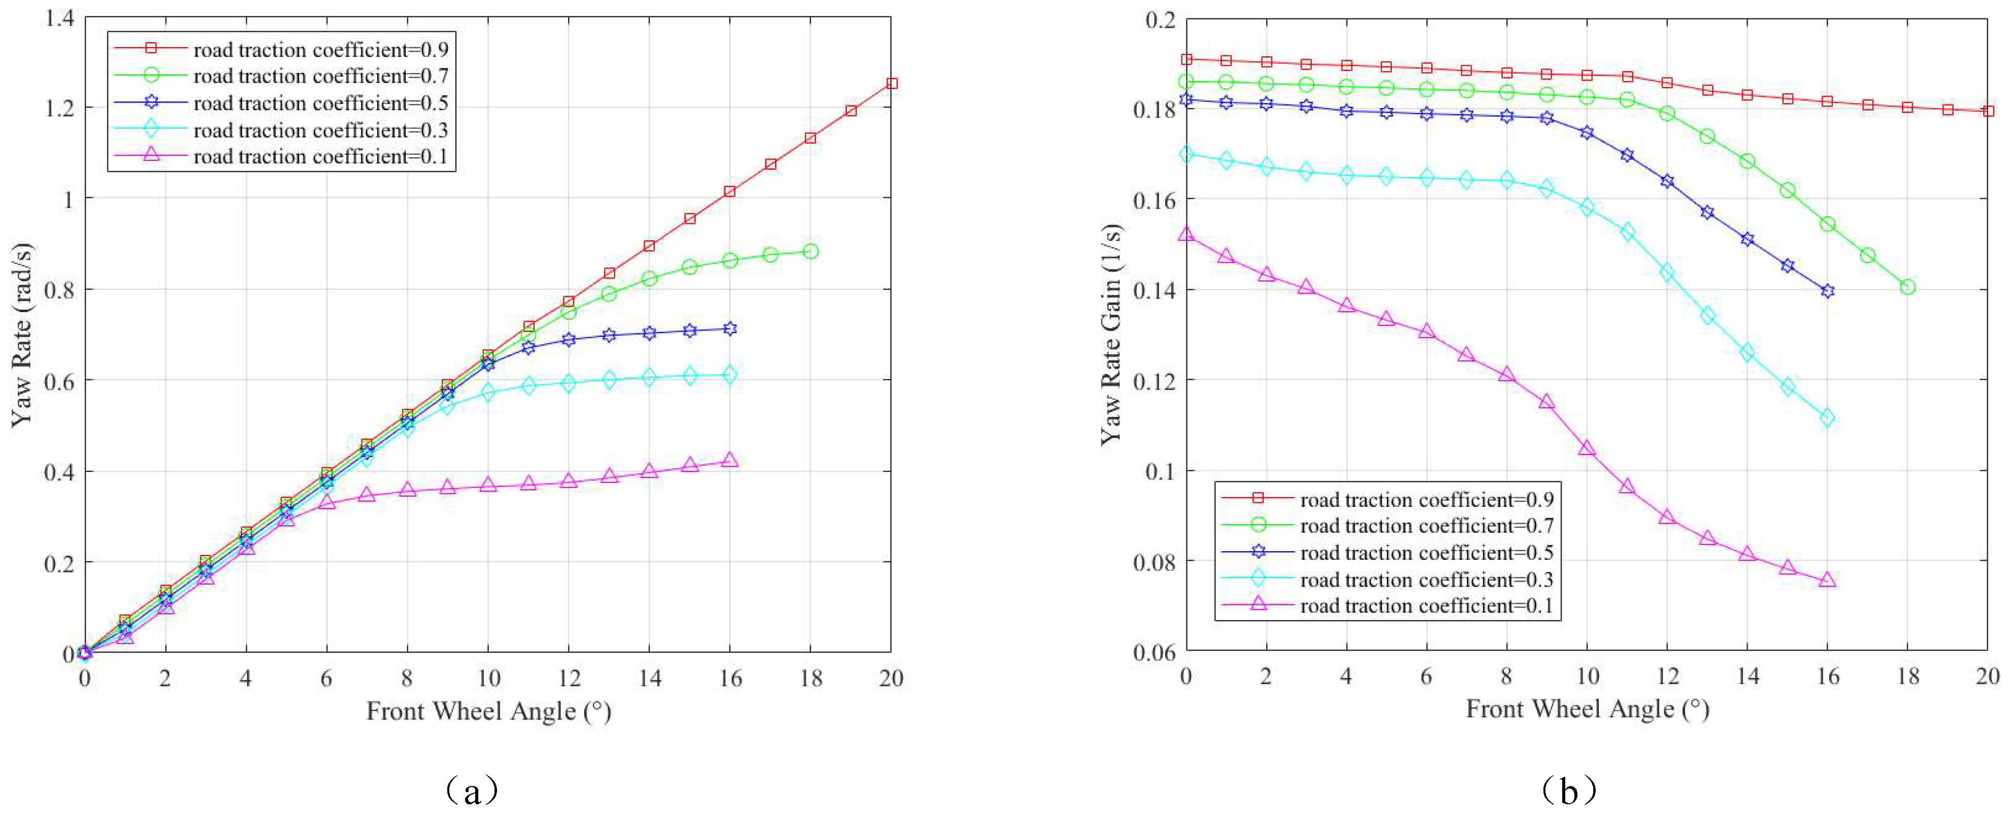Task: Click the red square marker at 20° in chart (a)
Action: click(892, 83)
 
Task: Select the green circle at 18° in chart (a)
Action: click(810, 251)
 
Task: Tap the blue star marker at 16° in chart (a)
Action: click(730, 329)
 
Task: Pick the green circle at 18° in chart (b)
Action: click(1907, 287)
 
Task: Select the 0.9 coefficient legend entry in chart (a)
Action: click(320, 50)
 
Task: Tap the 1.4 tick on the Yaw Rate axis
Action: click(60, 17)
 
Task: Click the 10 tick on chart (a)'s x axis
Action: click(488, 678)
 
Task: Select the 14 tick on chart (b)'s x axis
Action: click(1748, 676)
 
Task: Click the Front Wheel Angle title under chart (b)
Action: click(1587, 708)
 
